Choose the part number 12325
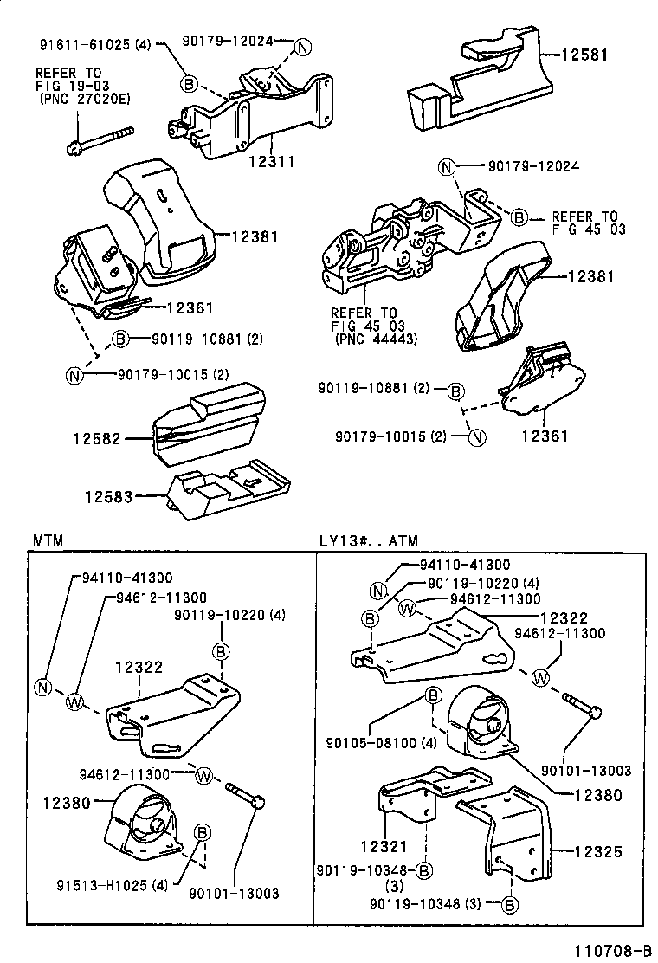coord(598,851)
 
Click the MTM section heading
coord(48,540)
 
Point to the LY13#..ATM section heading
coord(368,540)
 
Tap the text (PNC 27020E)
coord(83,100)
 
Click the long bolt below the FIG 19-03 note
coord(98,139)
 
